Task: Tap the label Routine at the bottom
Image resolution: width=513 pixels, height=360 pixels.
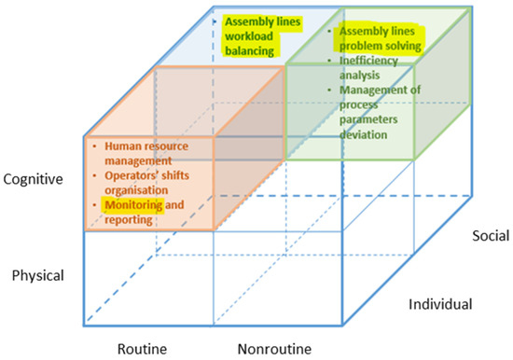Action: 142,348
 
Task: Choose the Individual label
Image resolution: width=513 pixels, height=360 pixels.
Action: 440,304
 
